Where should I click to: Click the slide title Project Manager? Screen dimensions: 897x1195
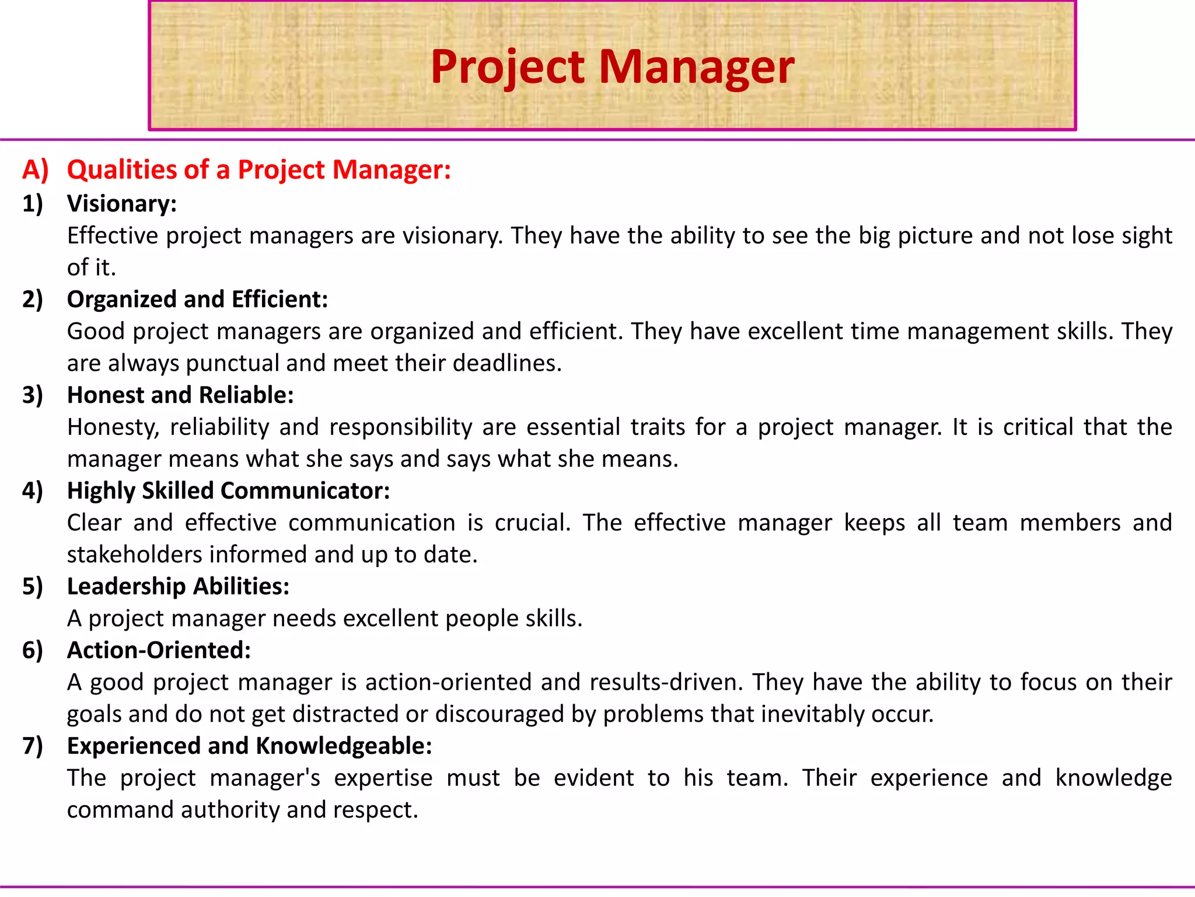coord(612,67)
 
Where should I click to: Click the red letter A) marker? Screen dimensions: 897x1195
coord(35,170)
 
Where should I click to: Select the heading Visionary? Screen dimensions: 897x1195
coord(121,204)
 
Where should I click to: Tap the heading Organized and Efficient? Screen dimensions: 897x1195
coord(197,300)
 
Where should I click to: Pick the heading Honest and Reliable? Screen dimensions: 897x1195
coord(180,395)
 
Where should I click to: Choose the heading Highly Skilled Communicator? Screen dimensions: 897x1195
coord(228,491)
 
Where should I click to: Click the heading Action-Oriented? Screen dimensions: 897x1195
coord(159,651)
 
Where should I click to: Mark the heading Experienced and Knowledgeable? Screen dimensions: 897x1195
coord(249,746)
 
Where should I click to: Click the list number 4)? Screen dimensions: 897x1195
coord(33,491)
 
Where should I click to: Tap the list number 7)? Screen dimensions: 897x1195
coord(33,746)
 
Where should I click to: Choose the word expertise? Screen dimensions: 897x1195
coord(383,778)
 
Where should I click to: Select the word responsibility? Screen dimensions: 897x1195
coord(401,427)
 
